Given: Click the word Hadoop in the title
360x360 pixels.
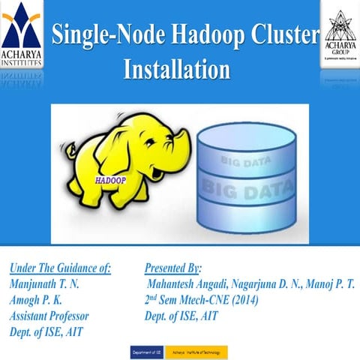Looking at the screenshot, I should (204, 34).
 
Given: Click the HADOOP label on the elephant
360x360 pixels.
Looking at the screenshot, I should (111, 181).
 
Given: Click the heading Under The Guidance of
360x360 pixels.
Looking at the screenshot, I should (59, 268).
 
